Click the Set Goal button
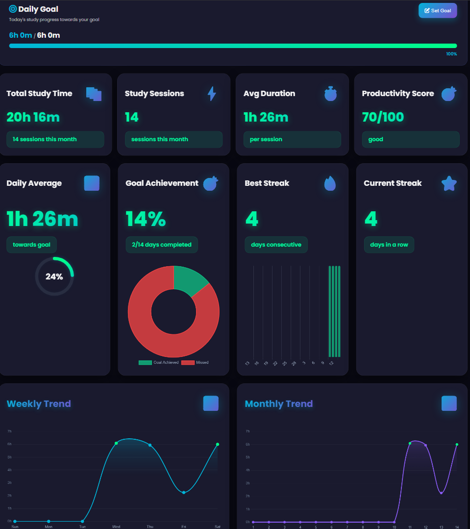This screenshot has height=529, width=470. coord(438,10)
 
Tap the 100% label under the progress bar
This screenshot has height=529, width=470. coord(451,54)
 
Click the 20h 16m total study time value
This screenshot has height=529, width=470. coord(33,117)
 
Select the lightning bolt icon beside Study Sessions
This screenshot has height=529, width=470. coord(212,94)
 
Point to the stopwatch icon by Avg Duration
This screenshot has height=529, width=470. coord(331,94)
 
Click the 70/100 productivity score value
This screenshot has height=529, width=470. coord(383,117)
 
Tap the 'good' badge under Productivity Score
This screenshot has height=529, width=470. coord(376,139)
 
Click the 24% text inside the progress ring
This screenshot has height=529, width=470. coord(54,277)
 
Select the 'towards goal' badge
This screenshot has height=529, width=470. coord(31,245)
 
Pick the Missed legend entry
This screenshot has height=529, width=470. coord(195,363)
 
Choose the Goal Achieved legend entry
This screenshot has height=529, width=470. coord(158,363)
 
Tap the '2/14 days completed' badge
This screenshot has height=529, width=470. coord(162,245)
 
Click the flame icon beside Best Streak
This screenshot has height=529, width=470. coord(330,183)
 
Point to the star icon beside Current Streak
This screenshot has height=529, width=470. coord(449,183)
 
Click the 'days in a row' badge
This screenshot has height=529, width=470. coord(389,245)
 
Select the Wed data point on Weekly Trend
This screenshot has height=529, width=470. coord(116,443)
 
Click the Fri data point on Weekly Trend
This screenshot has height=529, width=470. coord(184,492)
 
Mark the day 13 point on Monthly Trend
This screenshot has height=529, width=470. coord(441,493)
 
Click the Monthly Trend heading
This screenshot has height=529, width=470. coord(278,404)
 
